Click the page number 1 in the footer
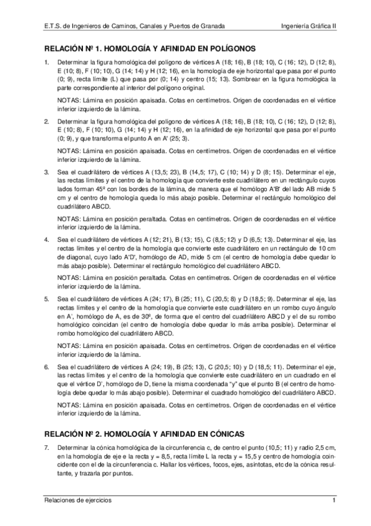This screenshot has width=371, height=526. tap(333, 501)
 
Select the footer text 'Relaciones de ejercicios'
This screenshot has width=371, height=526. tap(75, 501)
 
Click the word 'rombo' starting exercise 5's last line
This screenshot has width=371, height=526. tap(65, 332)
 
